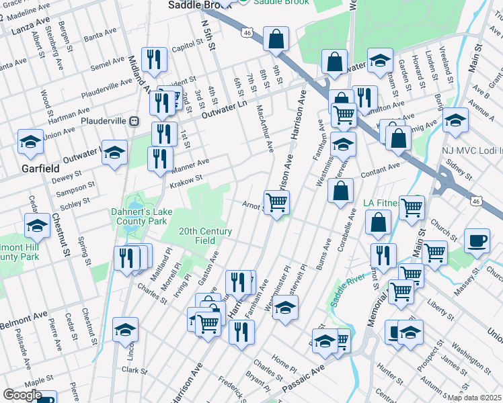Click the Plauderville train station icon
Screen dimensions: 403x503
(x=134, y=121)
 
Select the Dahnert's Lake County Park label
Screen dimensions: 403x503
(x=139, y=216)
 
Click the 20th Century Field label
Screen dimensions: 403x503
(x=205, y=236)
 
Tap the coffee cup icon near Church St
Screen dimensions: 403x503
(x=477, y=240)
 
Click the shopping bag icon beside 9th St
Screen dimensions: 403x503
(x=276, y=40)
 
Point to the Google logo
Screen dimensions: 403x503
(x=22, y=395)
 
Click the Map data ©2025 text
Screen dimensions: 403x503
(x=474, y=398)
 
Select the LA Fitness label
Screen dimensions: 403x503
(x=385, y=203)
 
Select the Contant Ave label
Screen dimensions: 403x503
(x=381, y=171)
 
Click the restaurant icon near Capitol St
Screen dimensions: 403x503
(x=155, y=59)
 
